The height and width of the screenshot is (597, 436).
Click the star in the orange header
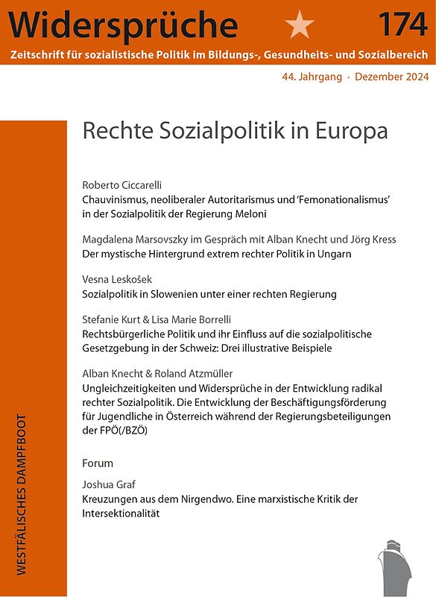click(300, 24)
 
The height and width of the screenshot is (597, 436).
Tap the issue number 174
click(402, 24)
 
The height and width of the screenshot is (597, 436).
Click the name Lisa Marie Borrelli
click(197, 319)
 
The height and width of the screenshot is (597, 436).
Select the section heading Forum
click(98, 463)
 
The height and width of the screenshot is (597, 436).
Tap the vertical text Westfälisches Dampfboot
click(21, 494)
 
